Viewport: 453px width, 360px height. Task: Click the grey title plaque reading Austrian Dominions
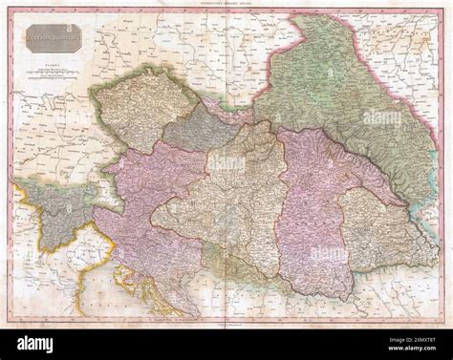pos(54,37)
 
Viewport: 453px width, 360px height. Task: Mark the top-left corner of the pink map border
pos(12,12)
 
